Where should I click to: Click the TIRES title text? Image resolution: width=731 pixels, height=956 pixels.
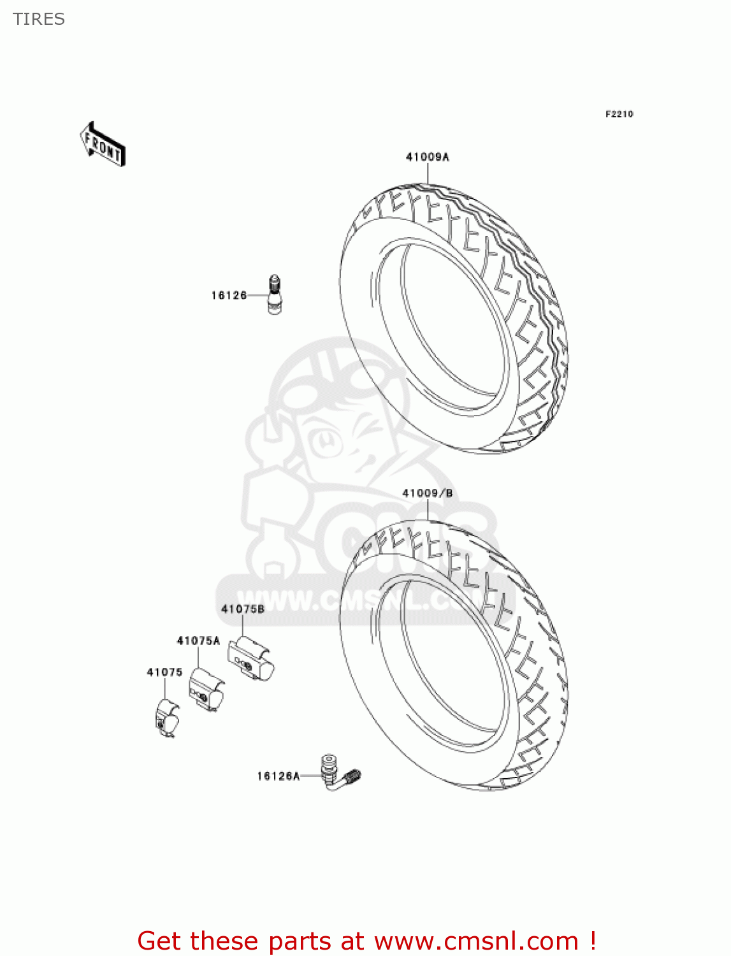pos(39,19)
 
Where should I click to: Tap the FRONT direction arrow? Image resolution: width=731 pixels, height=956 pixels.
pos(103,145)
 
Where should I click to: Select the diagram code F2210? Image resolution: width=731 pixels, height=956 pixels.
pos(619,114)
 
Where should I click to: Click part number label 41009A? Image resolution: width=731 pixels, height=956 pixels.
pos(427,157)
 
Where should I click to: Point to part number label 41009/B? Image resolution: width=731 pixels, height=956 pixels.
pos(427,493)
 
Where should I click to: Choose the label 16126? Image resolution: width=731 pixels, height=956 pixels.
pos(229,295)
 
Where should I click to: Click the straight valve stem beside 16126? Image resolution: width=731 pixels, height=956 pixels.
pos(275,295)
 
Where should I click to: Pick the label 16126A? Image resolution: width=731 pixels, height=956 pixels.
pos(278,776)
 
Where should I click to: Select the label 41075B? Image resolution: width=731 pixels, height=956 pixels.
pos(242,609)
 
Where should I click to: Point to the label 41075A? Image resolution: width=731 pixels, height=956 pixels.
pos(198,641)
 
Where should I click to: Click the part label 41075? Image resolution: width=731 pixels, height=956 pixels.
pos(164,672)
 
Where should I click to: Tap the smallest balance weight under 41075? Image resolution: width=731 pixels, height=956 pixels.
pos(167,718)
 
